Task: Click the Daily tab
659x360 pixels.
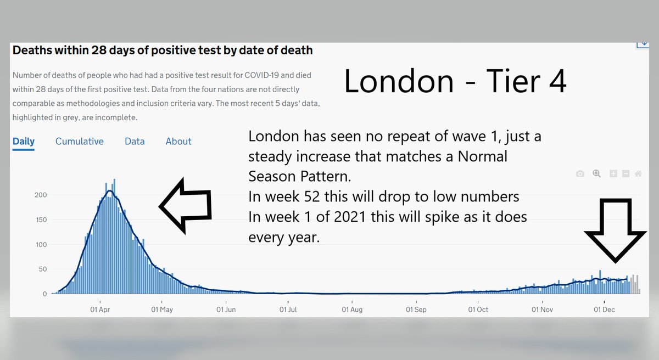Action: pos(24,142)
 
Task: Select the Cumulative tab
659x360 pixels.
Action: pos(80,142)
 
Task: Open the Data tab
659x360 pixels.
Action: pos(135,142)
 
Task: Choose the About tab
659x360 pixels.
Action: pos(178,142)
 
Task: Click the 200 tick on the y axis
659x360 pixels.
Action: pos(41,195)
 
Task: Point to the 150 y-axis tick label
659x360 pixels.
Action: pos(41,220)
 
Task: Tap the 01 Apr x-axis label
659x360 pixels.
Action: pos(99,310)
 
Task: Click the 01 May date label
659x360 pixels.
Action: pos(162,310)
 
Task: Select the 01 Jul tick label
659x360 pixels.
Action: pos(288,310)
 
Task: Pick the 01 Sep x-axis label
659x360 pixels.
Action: pos(416,310)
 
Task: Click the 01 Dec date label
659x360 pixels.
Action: pos(604,310)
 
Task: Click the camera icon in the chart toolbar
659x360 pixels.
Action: pos(580,174)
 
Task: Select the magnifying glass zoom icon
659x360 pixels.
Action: pos(596,174)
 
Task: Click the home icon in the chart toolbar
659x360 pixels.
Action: pos(638,174)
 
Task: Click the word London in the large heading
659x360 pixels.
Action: pos(399,82)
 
